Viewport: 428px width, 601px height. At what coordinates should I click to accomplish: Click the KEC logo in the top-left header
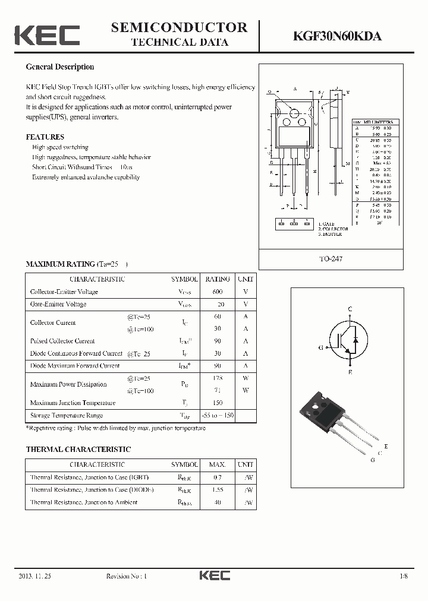(46, 35)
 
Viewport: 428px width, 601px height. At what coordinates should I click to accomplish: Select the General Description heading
(59, 67)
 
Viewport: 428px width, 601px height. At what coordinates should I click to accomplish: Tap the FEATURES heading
(45, 137)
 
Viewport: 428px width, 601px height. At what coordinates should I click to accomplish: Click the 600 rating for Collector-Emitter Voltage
(218, 292)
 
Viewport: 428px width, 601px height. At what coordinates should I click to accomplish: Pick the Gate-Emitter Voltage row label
(58, 304)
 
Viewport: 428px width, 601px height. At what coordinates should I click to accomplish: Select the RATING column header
(218, 279)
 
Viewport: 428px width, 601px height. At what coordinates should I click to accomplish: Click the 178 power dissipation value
(218, 378)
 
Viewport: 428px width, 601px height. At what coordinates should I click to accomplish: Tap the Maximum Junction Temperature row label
(73, 403)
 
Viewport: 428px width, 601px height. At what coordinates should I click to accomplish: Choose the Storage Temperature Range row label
(67, 416)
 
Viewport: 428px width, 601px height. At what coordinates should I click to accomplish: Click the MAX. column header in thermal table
(218, 465)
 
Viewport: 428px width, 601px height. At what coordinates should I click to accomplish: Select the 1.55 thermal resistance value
(218, 490)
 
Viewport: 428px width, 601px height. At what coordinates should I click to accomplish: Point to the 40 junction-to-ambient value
(218, 502)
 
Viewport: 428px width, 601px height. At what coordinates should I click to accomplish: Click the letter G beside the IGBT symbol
(321, 347)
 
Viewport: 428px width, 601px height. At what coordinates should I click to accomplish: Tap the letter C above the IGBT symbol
(350, 309)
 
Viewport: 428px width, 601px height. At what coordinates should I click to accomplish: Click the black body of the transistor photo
(320, 409)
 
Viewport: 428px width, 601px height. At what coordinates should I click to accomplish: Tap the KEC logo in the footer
(214, 575)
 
